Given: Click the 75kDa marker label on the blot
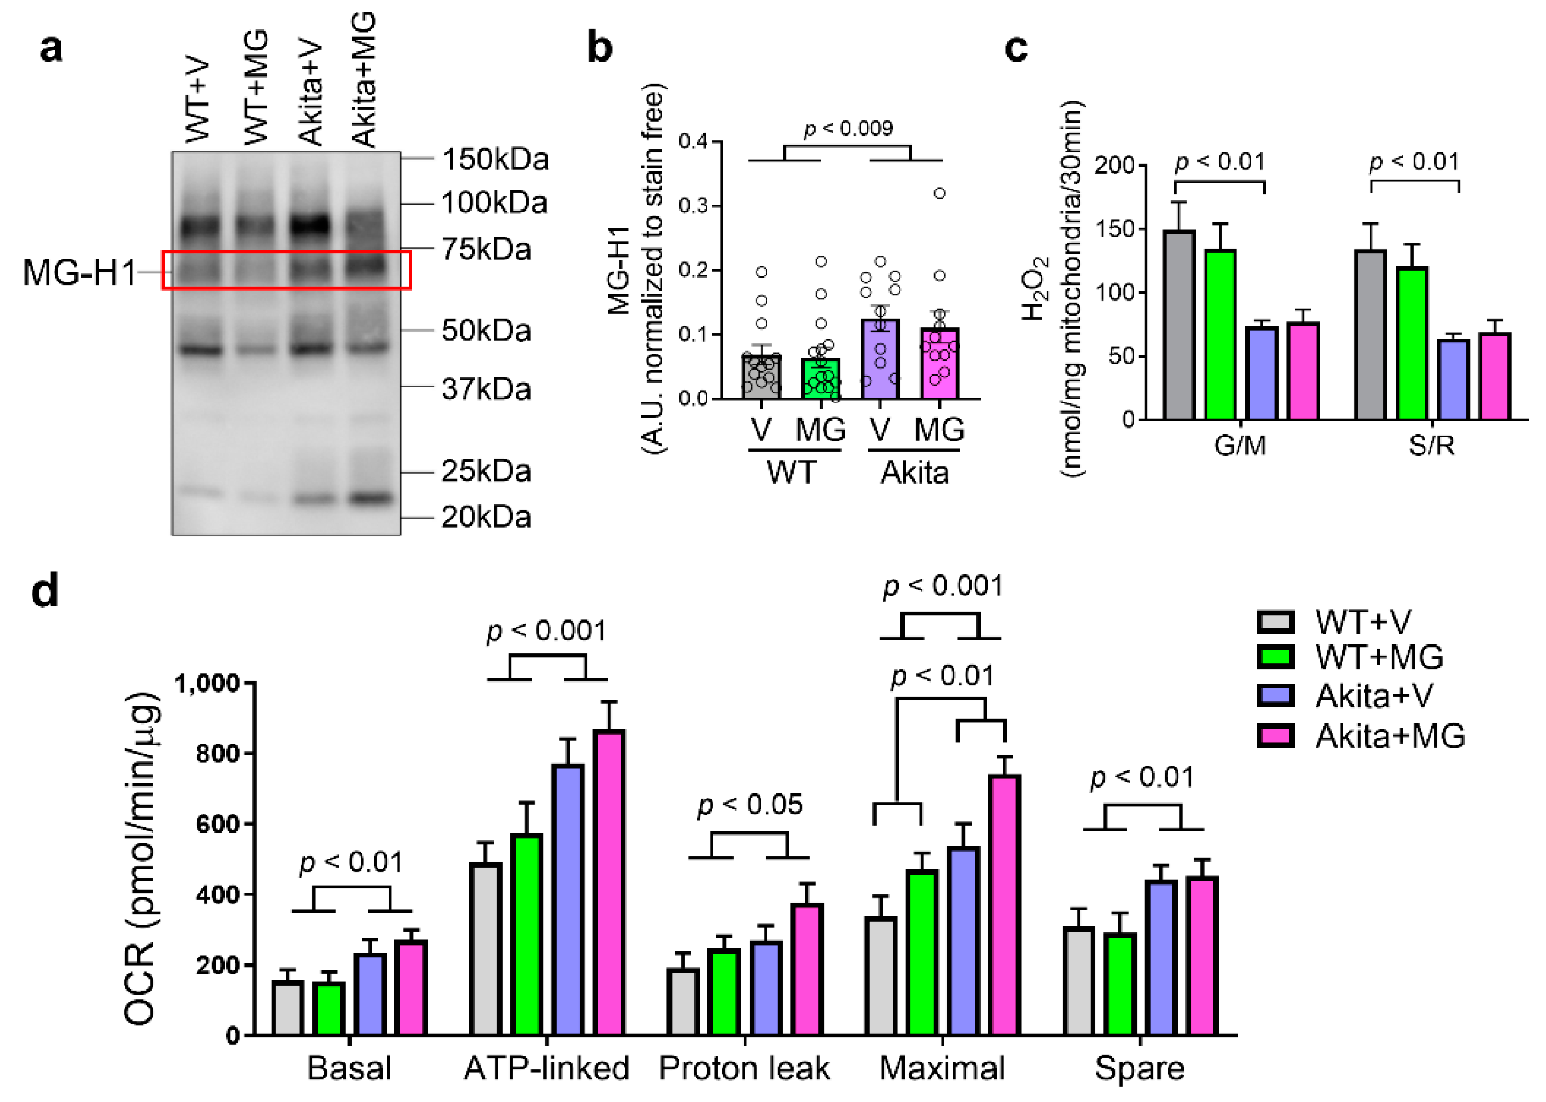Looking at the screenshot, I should tap(486, 249).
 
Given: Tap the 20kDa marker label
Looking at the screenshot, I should tap(486, 517).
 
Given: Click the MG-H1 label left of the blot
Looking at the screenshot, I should tap(79, 272).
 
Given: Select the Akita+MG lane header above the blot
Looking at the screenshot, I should tap(363, 80).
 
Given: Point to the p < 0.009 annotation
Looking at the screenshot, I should tap(848, 128).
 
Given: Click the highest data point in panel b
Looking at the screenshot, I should tap(939, 193).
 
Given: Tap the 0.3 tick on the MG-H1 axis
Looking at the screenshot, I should tap(693, 206).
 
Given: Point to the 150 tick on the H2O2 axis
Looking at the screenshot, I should tap(1116, 229).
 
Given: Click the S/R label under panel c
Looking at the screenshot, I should tap(1431, 446).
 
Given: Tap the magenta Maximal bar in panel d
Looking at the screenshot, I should tap(1004, 905).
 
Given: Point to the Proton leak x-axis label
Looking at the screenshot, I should tap(744, 1069).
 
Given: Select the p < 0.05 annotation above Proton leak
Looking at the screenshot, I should tap(749, 805).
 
